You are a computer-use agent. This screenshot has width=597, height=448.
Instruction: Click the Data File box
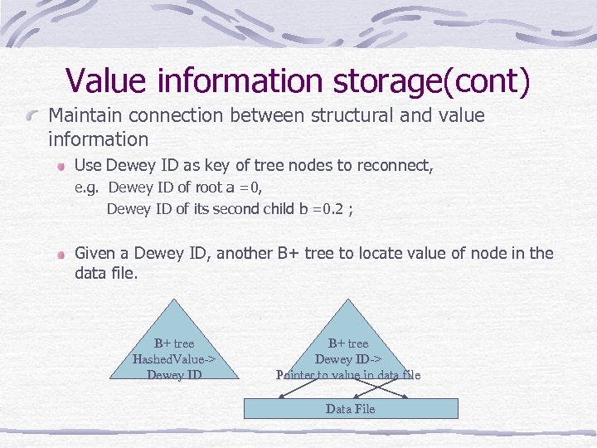click(x=350, y=408)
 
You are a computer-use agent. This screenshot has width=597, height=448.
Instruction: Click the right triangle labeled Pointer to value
click(x=348, y=348)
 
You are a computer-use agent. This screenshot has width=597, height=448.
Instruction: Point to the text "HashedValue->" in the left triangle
click(x=174, y=359)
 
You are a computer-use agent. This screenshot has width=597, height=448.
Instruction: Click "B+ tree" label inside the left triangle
click(x=174, y=343)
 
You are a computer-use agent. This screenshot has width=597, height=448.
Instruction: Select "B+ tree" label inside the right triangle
click(x=348, y=343)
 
